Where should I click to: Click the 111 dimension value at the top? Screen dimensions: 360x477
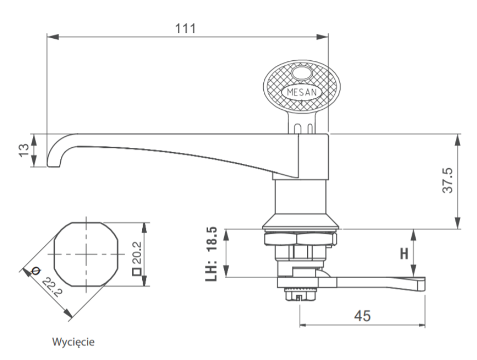pyautogui.click(x=186, y=28)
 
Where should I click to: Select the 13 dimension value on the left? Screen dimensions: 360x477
pyautogui.click(x=23, y=150)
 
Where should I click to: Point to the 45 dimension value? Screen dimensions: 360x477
pyautogui.click(x=363, y=316)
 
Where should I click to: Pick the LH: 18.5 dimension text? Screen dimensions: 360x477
pyautogui.click(x=212, y=254)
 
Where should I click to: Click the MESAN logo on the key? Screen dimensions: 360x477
pyautogui.click(x=301, y=92)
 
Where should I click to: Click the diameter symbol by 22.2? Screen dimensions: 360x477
pyautogui.click(x=35, y=271)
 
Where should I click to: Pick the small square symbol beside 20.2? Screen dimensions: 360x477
pyautogui.click(x=137, y=272)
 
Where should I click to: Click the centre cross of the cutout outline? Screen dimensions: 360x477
pyautogui.click(x=86, y=254)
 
